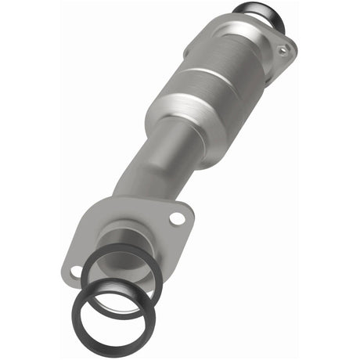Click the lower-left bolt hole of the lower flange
75,272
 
